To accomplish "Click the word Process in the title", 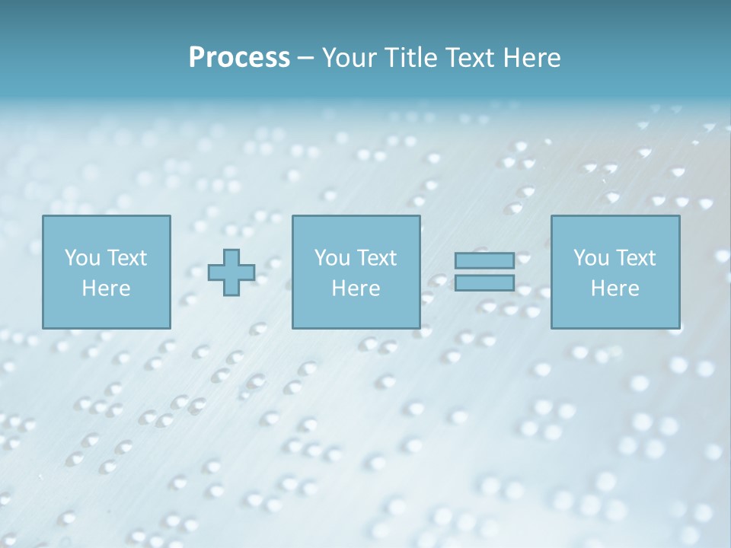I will [x=239, y=58].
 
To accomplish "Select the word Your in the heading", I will [x=347, y=58].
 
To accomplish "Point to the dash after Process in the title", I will [x=305, y=59].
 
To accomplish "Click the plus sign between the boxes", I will [x=231, y=272].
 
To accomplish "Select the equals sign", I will [x=484, y=272].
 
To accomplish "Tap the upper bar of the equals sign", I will [x=484, y=260].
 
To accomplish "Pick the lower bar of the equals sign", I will [x=484, y=283].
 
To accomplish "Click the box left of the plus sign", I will [x=106, y=272].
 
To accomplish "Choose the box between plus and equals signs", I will [x=356, y=272].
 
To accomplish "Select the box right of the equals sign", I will [x=614, y=272].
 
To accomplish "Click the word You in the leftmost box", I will [x=82, y=258].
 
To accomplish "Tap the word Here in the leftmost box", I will [x=106, y=288].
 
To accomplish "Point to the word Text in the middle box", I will [x=377, y=258].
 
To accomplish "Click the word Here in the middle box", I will [x=356, y=288].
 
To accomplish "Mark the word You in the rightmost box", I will [x=591, y=258].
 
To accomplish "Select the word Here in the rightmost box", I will [x=614, y=288].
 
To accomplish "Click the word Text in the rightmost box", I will [x=636, y=258].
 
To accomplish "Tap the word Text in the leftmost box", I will [x=127, y=258].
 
